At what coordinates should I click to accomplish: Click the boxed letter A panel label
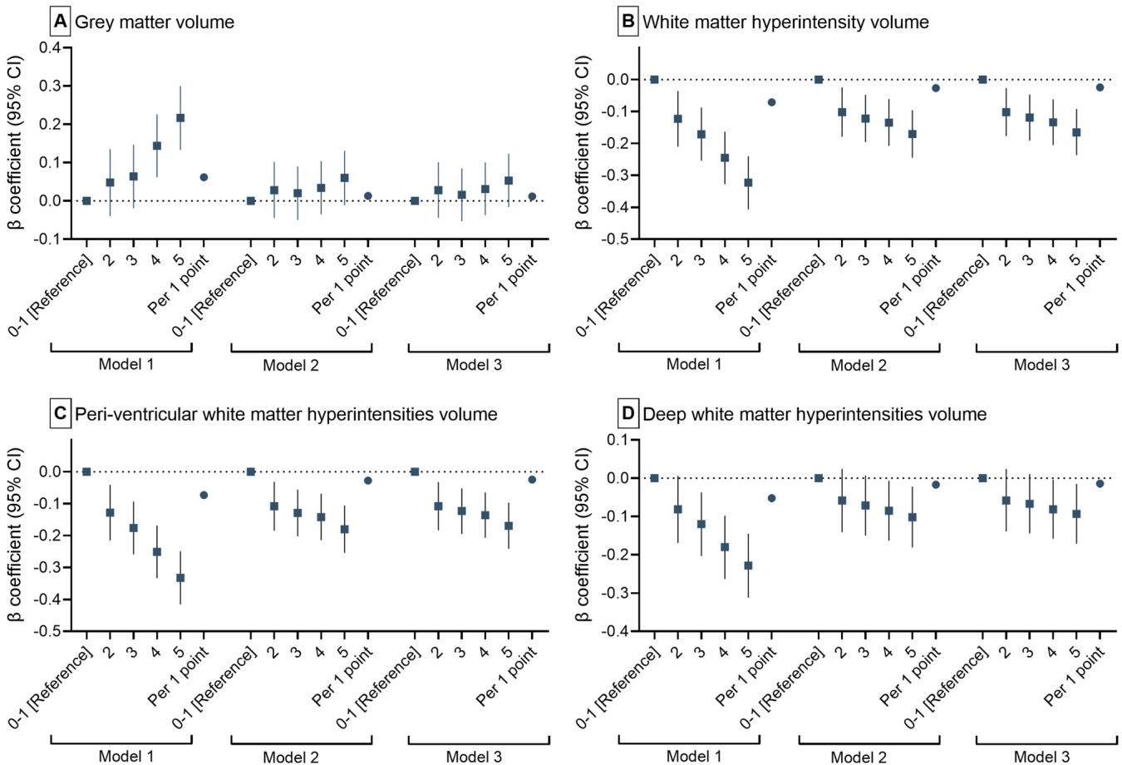[59, 21]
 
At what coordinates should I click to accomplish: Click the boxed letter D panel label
[627, 413]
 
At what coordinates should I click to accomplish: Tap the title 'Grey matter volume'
[155, 22]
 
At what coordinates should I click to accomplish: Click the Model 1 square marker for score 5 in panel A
[180, 118]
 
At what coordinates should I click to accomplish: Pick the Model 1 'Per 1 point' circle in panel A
[204, 177]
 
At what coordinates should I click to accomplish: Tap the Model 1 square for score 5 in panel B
[748, 182]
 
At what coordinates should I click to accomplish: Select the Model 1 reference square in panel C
[86, 471]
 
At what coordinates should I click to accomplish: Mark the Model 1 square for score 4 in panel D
[725, 547]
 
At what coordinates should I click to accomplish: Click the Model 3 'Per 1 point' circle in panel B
[1100, 87]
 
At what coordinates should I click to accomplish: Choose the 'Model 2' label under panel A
[291, 365]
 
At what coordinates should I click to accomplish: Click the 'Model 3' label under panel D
[1041, 756]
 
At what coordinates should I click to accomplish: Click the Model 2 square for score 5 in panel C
[345, 529]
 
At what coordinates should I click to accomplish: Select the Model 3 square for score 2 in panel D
[1006, 501]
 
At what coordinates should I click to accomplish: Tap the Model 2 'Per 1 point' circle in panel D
[936, 485]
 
